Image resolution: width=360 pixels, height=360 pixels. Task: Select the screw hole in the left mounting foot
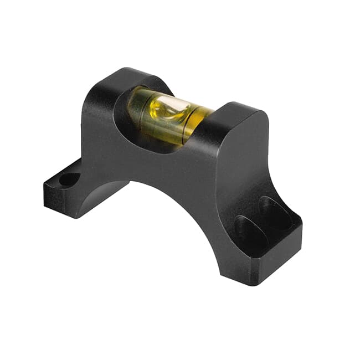(x=69, y=179)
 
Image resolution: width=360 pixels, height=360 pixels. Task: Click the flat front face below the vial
(x=166, y=161)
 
